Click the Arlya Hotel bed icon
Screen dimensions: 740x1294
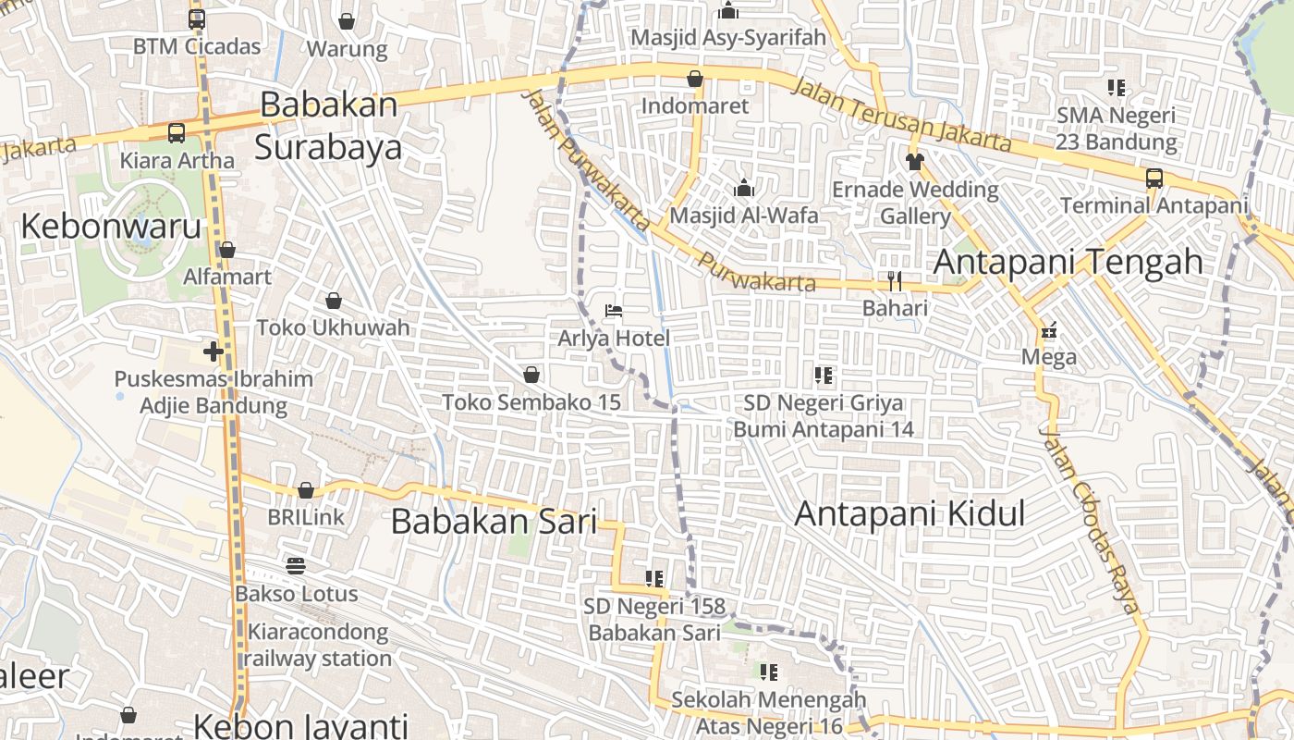click(614, 310)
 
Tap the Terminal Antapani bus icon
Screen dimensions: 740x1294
click(1154, 178)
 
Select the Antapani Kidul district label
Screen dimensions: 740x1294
click(909, 513)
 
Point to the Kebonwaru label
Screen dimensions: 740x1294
click(111, 226)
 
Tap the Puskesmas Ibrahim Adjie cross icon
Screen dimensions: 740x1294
click(214, 351)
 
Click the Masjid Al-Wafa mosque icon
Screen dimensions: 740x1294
click(744, 188)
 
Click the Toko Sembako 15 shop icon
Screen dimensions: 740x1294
click(531, 375)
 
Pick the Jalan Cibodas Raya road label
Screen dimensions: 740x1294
click(1090, 519)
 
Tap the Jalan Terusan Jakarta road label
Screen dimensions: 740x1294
click(901, 114)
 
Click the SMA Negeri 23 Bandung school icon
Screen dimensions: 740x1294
click(1117, 88)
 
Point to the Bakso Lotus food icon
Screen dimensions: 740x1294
click(296, 565)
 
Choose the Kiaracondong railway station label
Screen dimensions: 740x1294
click(319, 646)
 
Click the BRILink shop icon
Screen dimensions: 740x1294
click(306, 490)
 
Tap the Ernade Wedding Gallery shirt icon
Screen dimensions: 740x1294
click(915, 162)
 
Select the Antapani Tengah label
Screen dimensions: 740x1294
click(1068, 262)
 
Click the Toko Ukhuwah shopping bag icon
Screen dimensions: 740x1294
click(334, 301)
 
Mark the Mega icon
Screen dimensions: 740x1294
click(1049, 330)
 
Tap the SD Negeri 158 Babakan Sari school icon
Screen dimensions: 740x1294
click(654, 579)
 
